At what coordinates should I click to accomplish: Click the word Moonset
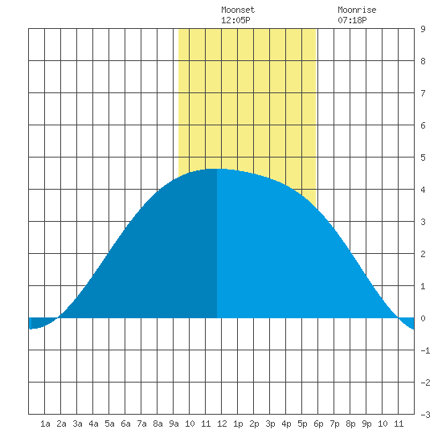tap(238, 10)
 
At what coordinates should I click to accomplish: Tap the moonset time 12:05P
tap(235, 20)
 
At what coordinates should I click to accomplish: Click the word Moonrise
tap(357, 10)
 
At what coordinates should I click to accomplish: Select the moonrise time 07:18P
tap(352, 20)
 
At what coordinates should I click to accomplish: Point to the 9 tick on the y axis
tap(423, 29)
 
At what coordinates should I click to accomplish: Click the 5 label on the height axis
tap(423, 158)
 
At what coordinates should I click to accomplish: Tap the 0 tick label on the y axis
tap(423, 318)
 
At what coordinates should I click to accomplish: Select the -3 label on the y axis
tap(426, 415)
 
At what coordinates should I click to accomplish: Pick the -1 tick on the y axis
tap(426, 350)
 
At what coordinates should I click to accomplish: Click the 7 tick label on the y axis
tap(423, 93)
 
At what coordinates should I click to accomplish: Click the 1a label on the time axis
tap(45, 424)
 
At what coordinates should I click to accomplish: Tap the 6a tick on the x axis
tap(125, 424)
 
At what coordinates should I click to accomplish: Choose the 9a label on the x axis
tap(174, 424)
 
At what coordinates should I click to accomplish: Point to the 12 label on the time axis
tap(222, 424)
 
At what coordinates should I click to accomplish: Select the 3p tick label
tap(270, 424)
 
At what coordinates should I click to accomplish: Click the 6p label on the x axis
tap(318, 424)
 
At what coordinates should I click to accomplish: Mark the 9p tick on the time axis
tap(366, 424)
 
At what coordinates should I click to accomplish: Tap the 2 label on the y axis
tap(423, 254)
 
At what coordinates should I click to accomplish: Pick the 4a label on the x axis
tap(93, 424)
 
